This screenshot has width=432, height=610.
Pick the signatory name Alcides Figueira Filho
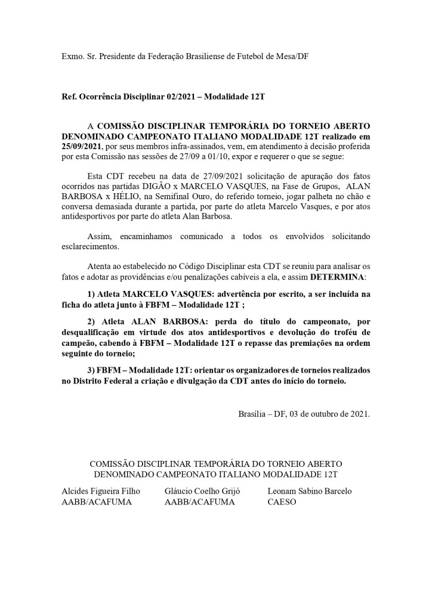[x=101, y=491]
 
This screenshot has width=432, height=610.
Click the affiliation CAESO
[x=282, y=502]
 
